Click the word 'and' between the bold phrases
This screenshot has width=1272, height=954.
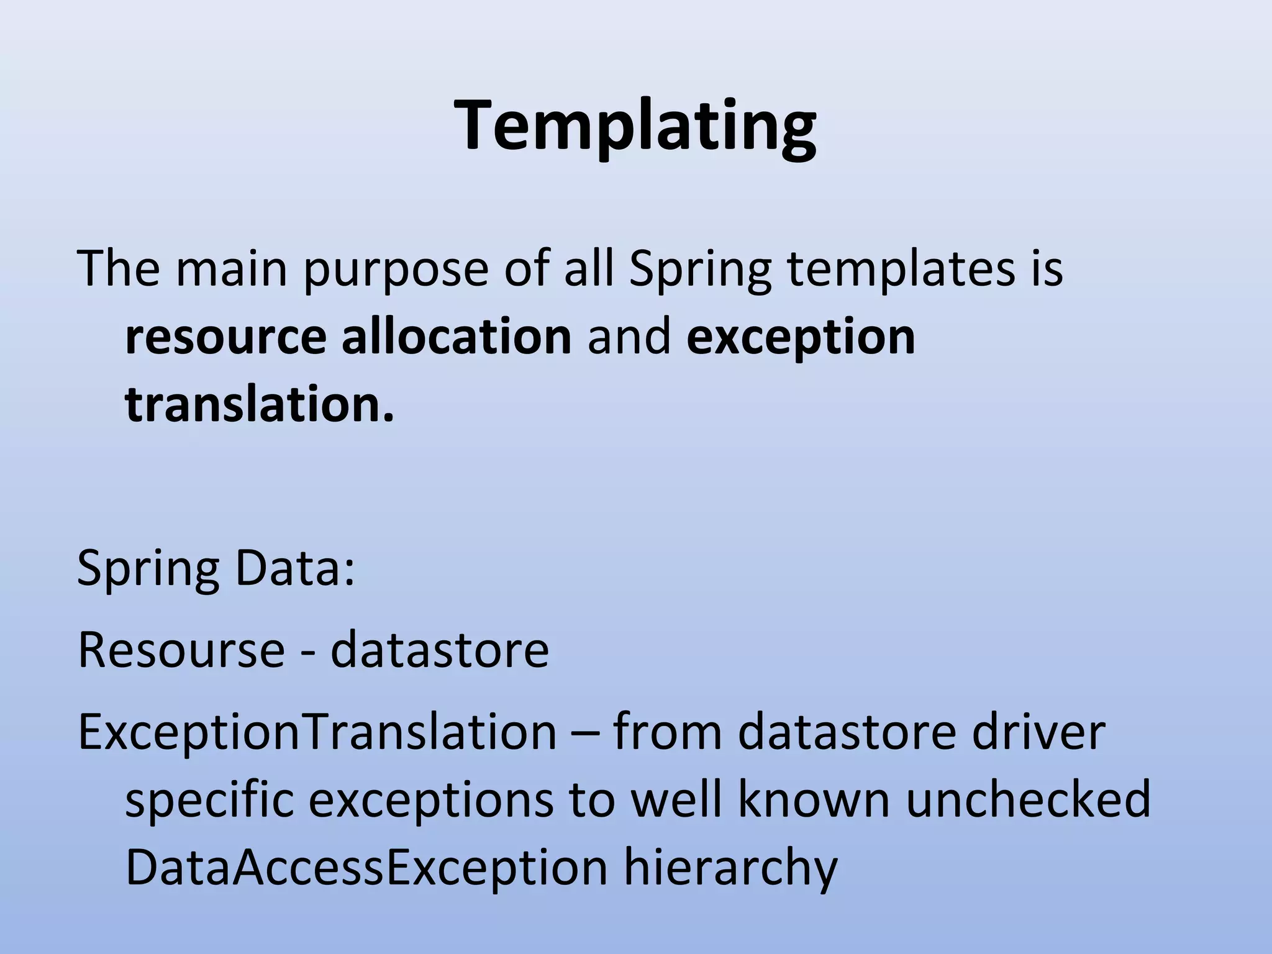pos(629,337)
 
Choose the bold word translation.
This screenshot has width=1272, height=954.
pos(259,405)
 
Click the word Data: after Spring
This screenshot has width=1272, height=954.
pos(295,568)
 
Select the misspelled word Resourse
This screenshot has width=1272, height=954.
pos(181,650)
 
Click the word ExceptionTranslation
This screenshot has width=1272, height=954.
pos(317,732)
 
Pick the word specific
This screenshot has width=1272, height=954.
pos(209,800)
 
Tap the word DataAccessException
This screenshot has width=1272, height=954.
pos(366,867)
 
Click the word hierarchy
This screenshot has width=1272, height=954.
pos(730,868)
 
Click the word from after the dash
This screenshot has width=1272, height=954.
pos(668,732)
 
